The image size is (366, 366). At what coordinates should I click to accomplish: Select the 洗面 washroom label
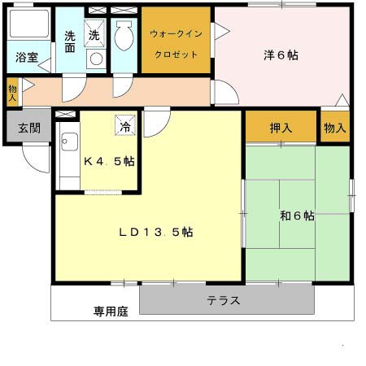(70, 41)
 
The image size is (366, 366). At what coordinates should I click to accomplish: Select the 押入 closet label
(281, 128)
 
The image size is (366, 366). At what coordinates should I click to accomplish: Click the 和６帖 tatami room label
(296, 216)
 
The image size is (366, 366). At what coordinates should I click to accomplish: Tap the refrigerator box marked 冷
(125, 126)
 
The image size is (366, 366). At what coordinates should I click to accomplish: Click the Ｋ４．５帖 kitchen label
(109, 160)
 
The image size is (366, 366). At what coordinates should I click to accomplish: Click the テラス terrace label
(223, 300)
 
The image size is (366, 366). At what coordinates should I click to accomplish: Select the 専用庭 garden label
(111, 310)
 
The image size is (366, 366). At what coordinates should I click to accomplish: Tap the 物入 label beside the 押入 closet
(334, 128)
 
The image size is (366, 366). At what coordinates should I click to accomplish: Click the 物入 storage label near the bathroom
(12, 90)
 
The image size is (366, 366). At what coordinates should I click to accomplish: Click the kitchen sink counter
(68, 159)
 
